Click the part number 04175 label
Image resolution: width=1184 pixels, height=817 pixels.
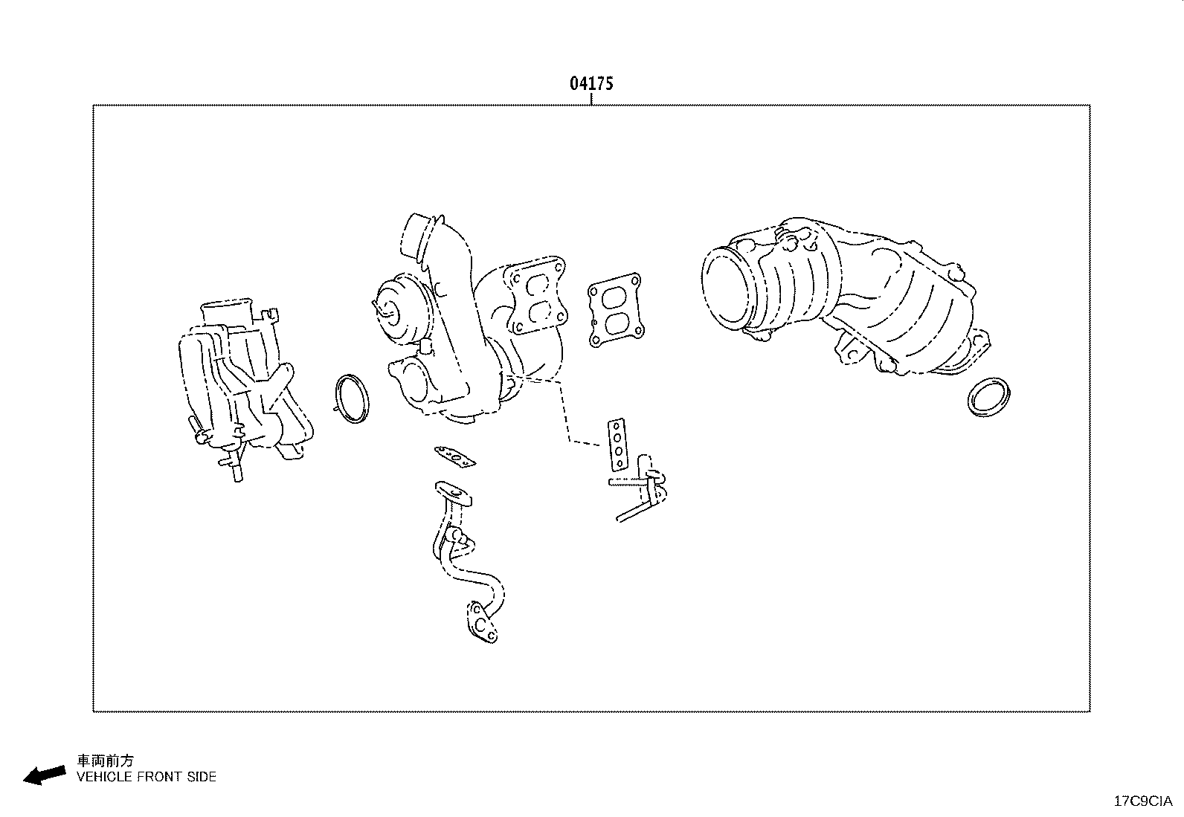click(x=591, y=83)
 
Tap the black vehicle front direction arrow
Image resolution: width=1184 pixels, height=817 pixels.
click(x=44, y=775)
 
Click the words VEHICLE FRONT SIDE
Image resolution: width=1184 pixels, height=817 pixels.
click(x=147, y=777)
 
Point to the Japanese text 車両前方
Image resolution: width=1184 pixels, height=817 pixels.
click(x=106, y=761)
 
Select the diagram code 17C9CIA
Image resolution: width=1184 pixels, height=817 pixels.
click(x=1142, y=801)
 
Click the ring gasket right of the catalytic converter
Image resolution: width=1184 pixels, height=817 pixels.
click(x=989, y=398)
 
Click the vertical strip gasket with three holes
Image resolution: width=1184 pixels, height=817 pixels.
click(x=617, y=444)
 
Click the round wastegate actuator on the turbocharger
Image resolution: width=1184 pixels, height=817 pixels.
click(x=399, y=309)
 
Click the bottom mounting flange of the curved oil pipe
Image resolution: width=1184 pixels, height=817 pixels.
click(x=481, y=622)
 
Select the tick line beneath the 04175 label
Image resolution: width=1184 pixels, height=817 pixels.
click(x=591, y=99)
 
